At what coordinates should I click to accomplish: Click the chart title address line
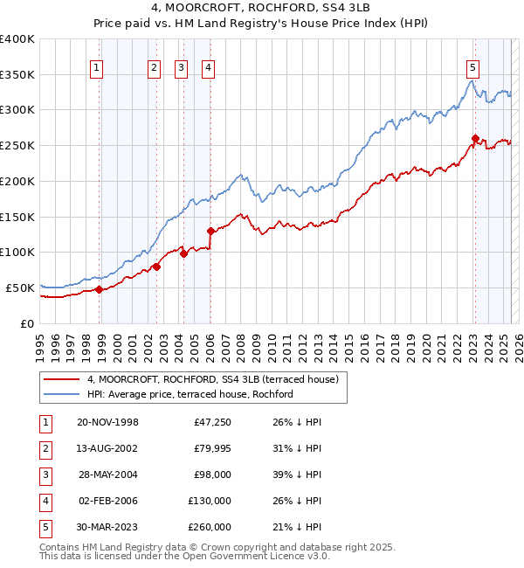tap(261, 10)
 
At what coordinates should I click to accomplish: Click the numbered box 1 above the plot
tap(96, 69)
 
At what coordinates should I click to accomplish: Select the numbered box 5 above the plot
tap(472, 69)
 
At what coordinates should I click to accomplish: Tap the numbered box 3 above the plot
tap(181, 69)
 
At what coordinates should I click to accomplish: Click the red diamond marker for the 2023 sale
tap(475, 138)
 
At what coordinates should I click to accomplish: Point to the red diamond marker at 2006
tap(210, 231)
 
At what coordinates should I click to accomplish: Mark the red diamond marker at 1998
tap(100, 289)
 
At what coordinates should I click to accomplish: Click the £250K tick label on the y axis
tap(17, 145)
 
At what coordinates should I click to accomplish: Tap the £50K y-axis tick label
tap(21, 287)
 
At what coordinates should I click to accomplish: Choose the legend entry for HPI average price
tap(190, 394)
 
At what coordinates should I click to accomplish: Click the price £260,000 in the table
tap(210, 527)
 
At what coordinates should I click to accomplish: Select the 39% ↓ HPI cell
tap(296, 474)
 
